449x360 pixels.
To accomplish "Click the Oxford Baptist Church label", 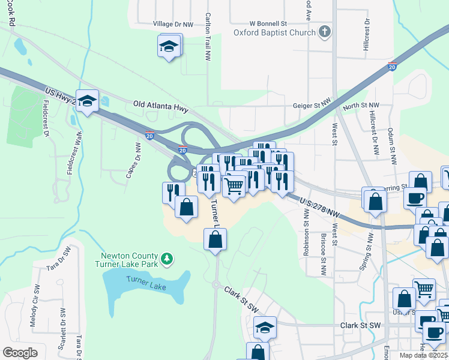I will click(x=274, y=33).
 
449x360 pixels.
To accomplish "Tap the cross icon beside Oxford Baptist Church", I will click(x=325, y=32).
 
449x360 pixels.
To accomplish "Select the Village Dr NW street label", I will click(x=173, y=25).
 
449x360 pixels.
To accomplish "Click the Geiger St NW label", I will click(x=312, y=105).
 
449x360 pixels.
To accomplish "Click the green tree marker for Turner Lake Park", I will click(x=170, y=259).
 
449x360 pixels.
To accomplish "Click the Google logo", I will click(x=20, y=353).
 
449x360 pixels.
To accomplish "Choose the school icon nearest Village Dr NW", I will click(x=170, y=46).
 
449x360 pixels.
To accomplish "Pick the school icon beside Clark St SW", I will click(x=265, y=328).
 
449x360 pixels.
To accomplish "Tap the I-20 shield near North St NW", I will click(x=392, y=66).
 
